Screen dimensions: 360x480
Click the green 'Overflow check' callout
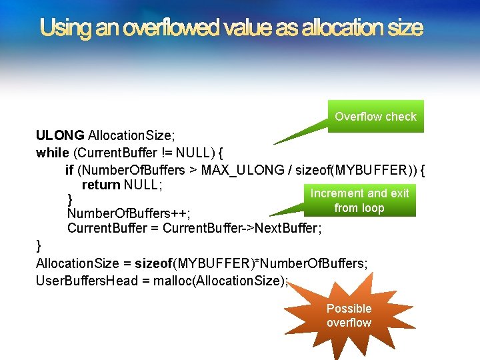click(x=375, y=117)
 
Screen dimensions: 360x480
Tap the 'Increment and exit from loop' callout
click(x=359, y=201)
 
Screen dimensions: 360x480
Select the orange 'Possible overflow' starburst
click(x=349, y=315)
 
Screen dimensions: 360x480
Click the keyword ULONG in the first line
click(x=60, y=136)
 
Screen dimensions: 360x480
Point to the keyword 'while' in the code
click(x=52, y=153)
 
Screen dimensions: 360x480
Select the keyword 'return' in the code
click(x=101, y=184)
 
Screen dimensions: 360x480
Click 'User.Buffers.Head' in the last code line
click(x=83, y=281)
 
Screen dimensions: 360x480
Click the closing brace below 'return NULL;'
click(x=71, y=199)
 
